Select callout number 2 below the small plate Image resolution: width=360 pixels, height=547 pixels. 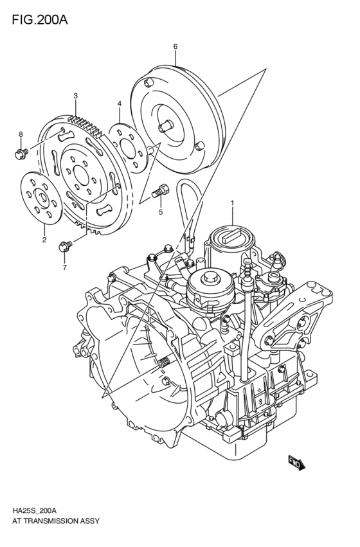[x=44, y=240]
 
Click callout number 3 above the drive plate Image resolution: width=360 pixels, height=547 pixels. [x=75, y=96]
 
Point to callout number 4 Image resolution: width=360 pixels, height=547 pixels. [x=119, y=103]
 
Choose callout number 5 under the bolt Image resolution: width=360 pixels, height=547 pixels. [x=161, y=211]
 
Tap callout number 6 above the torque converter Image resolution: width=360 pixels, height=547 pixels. [x=175, y=46]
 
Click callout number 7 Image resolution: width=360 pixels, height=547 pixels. [x=64, y=267]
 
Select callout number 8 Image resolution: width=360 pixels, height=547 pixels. [x=21, y=134]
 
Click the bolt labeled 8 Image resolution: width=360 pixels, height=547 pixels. [x=21, y=153]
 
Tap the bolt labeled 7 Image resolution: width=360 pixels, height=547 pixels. [x=64, y=245]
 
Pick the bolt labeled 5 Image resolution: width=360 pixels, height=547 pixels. [x=161, y=191]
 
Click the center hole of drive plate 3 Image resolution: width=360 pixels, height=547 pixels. [x=79, y=174]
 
